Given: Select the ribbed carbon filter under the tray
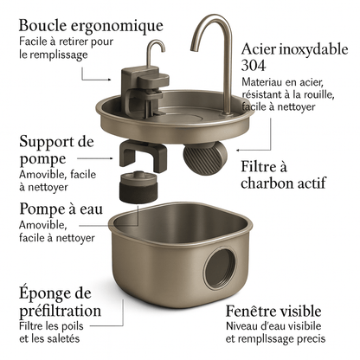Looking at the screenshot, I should click(204, 157).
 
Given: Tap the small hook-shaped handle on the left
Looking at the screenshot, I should click(155, 52).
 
